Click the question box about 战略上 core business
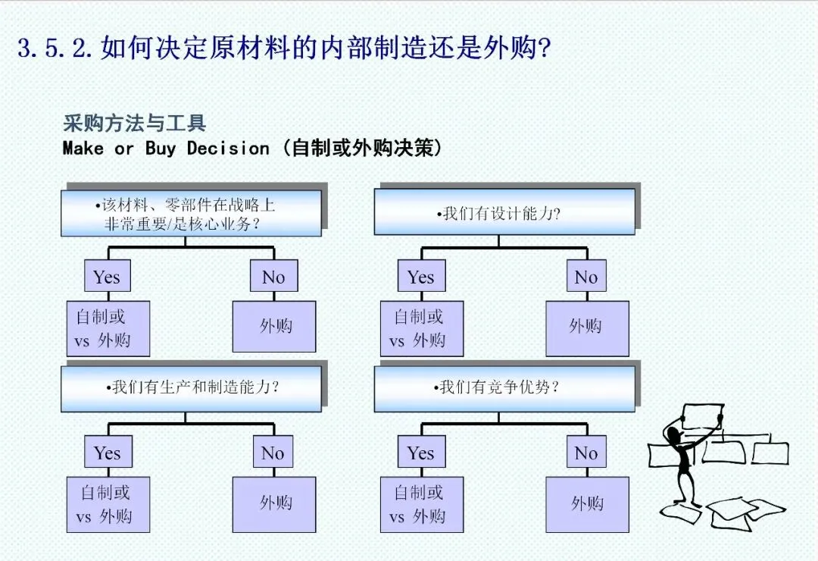[191, 213]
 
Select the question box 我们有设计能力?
[504, 213]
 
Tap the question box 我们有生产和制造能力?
[191, 388]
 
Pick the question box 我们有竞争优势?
[504, 388]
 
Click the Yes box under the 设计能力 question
[421, 277]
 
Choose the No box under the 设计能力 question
[586, 277]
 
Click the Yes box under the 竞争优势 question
[421, 453]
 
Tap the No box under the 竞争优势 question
[586, 453]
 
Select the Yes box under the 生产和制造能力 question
[108, 453]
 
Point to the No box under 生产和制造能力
[273, 453]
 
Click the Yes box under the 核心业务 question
[108, 277]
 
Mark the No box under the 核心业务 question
[273, 277]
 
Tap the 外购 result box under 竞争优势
[587, 503]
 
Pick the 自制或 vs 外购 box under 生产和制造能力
[108, 504]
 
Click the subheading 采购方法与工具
[135, 124]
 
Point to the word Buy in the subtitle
[161, 148]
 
